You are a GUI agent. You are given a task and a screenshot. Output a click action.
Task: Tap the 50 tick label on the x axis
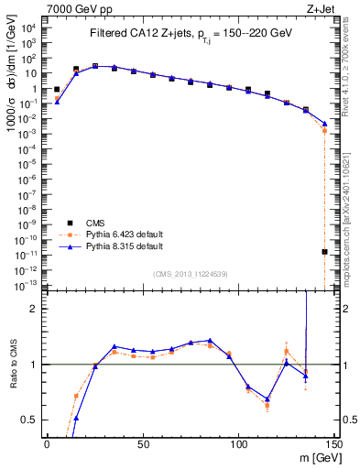pyautogui.click(x=142, y=444)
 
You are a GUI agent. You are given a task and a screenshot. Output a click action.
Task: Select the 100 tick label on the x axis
pyautogui.click(x=238, y=444)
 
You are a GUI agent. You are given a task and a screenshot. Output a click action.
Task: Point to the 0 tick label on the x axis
pyautogui.click(x=47, y=444)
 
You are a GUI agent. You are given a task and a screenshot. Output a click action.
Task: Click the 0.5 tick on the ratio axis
pyautogui.click(x=31, y=420)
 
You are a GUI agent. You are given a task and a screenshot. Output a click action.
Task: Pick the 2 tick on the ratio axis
pyautogui.click(x=36, y=309)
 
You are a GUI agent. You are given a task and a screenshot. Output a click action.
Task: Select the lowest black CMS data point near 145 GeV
pyautogui.click(x=325, y=251)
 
